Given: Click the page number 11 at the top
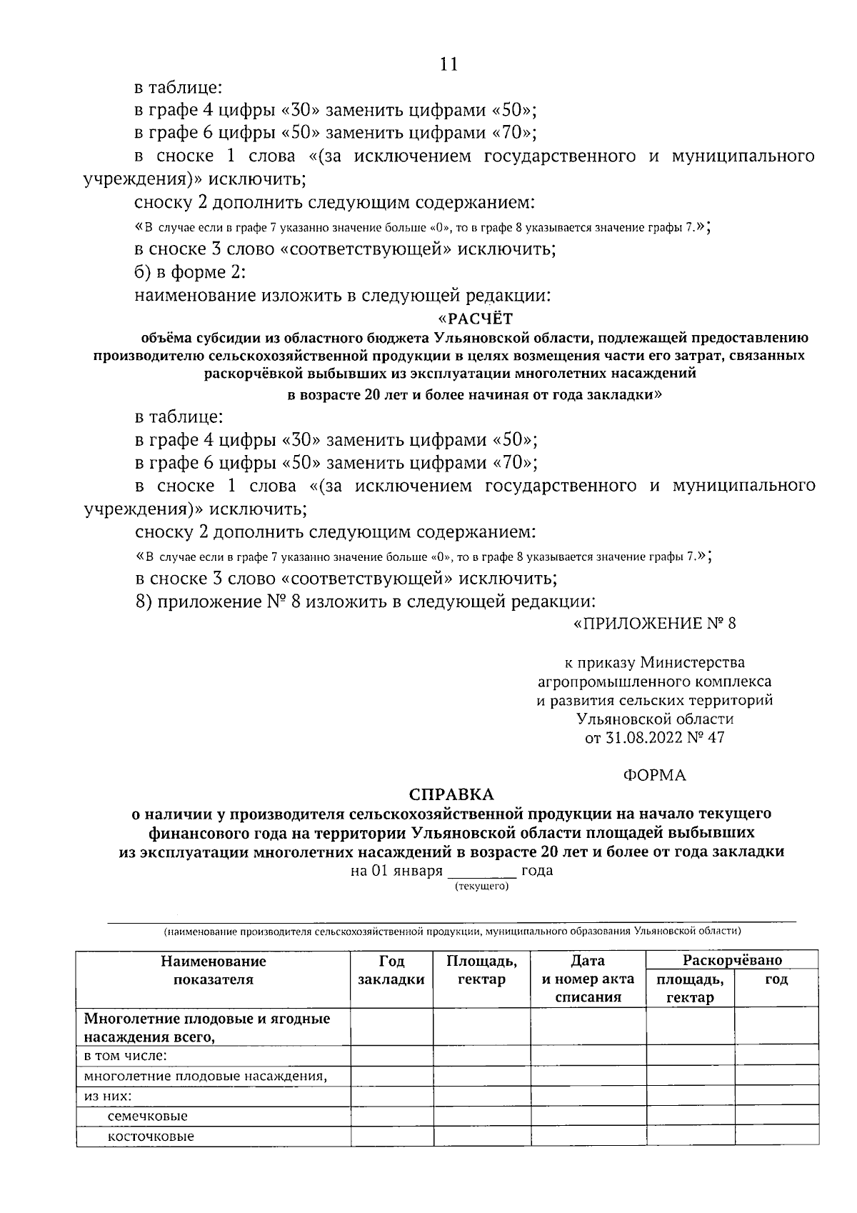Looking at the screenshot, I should (x=448, y=64).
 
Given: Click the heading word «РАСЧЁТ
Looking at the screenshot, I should (x=475, y=318).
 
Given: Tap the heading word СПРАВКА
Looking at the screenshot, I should (x=451, y=794).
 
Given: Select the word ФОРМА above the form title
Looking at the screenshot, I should (x=654, y=775).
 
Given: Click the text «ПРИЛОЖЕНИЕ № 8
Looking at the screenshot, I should (x=654, y=624).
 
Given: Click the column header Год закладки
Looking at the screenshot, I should (x=391, y=969).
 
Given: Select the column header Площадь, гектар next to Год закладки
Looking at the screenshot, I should (x=481, y=969).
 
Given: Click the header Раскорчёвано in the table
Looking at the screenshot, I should (x=731, y=959).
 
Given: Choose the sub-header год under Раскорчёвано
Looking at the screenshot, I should (x=776, y=979).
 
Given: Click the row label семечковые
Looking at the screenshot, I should (x=147, y=1116).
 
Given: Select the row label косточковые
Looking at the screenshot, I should (x=151, y=1136).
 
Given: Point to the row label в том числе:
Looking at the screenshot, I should (x=126, y=1056).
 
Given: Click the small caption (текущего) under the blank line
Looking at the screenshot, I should (x=481, y=886).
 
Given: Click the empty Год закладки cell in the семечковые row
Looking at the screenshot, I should (x=391, y=1116).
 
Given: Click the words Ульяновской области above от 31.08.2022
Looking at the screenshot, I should (x=654, y=719).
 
